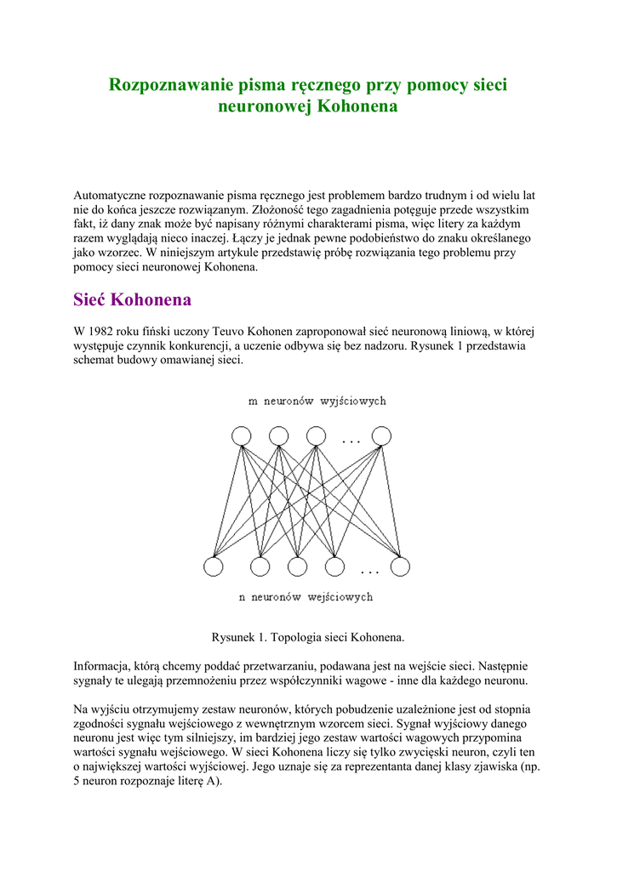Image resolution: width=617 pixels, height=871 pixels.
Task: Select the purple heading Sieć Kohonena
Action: point(132,300)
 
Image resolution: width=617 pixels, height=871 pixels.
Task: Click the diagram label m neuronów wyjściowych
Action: point(317,401)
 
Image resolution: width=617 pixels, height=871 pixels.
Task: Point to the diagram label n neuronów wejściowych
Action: point(306,597)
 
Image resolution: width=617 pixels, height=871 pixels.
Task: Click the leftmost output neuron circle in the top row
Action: point(241,436)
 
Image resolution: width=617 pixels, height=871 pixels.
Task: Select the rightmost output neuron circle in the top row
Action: point(381,436)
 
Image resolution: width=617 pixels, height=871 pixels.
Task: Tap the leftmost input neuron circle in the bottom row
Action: point(214,566)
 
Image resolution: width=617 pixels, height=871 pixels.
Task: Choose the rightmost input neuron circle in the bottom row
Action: point(400,566)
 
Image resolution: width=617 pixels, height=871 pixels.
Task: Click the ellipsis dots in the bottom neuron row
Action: point(369,571)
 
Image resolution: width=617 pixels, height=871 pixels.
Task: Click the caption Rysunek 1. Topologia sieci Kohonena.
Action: point(307,636)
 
